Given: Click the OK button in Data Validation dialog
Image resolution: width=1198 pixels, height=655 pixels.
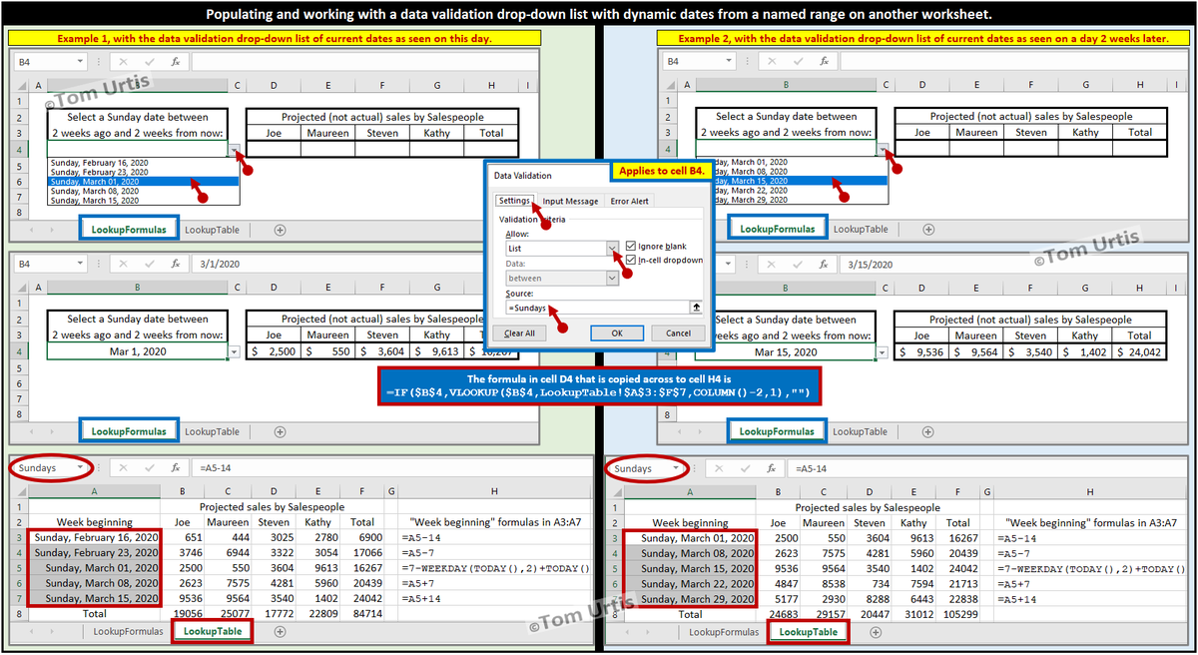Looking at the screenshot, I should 616,333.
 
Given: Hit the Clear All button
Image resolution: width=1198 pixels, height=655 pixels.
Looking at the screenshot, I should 519,333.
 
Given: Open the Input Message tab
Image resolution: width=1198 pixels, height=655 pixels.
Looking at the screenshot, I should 570,201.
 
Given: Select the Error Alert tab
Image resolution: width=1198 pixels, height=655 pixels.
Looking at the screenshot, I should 630,201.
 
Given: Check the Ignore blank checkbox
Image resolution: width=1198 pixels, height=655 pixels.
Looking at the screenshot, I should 630,246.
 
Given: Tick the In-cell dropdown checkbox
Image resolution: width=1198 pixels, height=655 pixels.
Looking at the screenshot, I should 630,261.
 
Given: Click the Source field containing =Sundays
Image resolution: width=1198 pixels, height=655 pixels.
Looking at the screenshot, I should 594,308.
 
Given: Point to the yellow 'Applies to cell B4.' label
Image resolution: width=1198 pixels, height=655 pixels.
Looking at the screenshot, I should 661,172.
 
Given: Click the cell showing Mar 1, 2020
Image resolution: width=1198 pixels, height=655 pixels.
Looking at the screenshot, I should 138,351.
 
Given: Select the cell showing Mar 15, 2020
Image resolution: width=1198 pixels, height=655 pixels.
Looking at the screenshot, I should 786,351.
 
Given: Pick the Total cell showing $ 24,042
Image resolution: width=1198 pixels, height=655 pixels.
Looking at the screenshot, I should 1139,351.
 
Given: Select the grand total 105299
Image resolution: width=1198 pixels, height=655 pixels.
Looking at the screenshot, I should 957,613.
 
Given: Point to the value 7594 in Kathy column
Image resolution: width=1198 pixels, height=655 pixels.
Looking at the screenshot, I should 913,582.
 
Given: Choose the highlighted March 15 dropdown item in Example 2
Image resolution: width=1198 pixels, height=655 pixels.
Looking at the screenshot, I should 789,182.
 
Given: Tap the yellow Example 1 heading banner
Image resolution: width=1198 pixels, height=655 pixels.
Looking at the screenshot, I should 275,37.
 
